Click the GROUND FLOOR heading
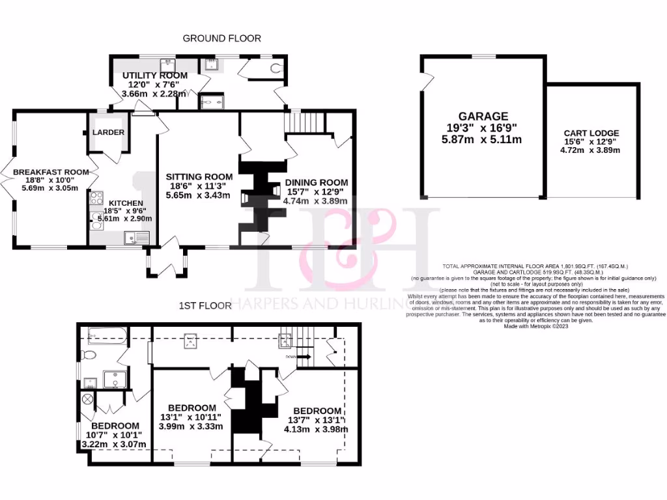tap(221, 38)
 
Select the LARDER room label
tap(108, 132)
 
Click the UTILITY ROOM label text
tap(155, 76)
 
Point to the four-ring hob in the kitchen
tap(96, 198)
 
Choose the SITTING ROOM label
tap(199, 176)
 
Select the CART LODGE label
tap(591, 133)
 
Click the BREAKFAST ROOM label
tap(50, 172)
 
